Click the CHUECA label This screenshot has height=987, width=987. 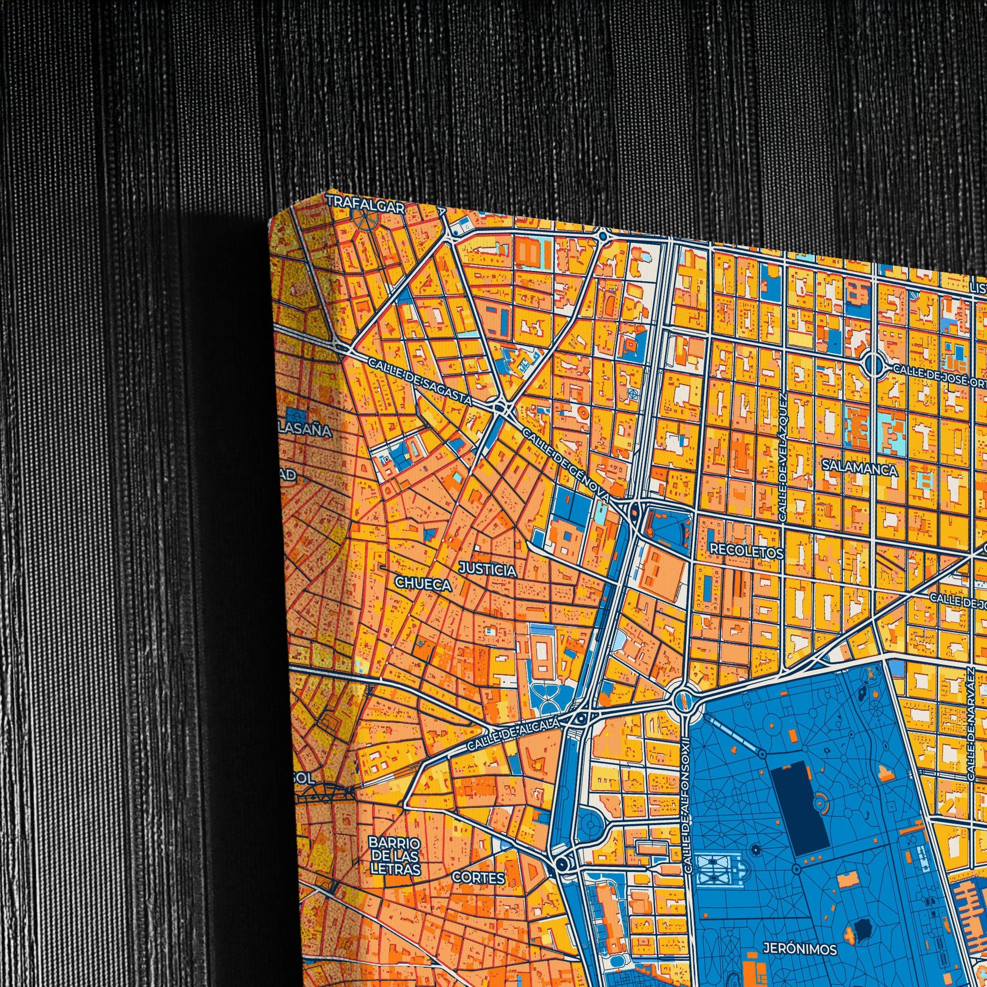coord(424,583)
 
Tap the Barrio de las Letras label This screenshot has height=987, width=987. coord(395,855)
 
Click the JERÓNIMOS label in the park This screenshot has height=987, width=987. coord(800,934)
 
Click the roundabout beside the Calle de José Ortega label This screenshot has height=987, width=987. coord(874,364)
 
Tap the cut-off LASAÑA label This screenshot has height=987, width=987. coord(306,431)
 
